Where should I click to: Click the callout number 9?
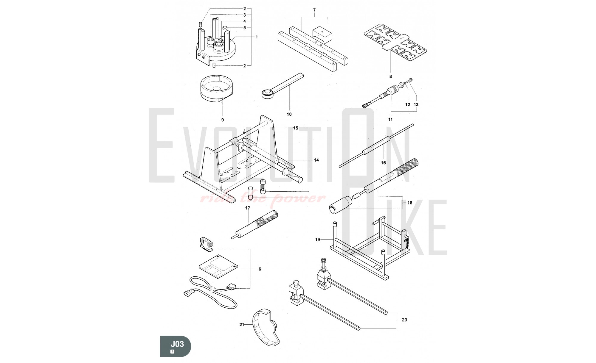(222, 120)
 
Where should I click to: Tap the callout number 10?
(289, 114)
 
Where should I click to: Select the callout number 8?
(391, 76)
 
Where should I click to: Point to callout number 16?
(383, 163)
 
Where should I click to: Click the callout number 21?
(242, 325)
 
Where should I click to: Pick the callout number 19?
(317, 240)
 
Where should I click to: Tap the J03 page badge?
(176, 346)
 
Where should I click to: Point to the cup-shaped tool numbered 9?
(217, 89)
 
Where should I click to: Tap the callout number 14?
(316, 160)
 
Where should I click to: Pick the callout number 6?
(260, 269)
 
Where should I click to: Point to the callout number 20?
(404, 320)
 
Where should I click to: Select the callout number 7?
(314, 10)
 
